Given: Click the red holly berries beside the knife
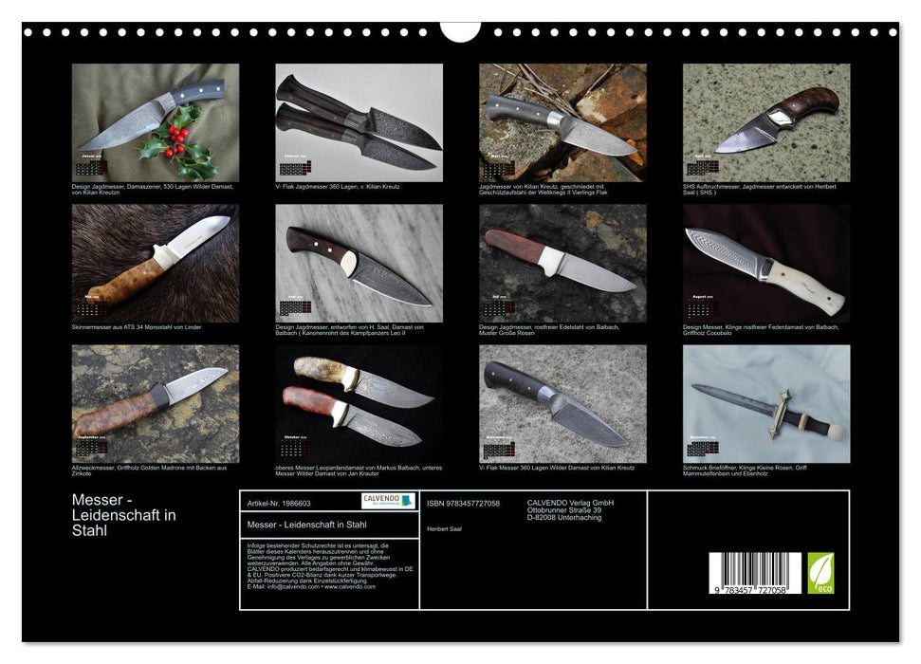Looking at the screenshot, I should [175, 141].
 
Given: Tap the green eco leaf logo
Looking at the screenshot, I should [820, 574].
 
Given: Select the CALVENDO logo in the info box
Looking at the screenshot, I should [388, 501].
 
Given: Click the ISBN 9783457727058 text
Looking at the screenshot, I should [463, 504].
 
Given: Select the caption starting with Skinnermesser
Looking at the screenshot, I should [137, 327].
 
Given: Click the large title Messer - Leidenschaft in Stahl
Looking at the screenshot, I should [124, 514].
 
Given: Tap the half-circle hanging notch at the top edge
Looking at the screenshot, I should [460, 30].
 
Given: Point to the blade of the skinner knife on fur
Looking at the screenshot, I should [199, 235].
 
